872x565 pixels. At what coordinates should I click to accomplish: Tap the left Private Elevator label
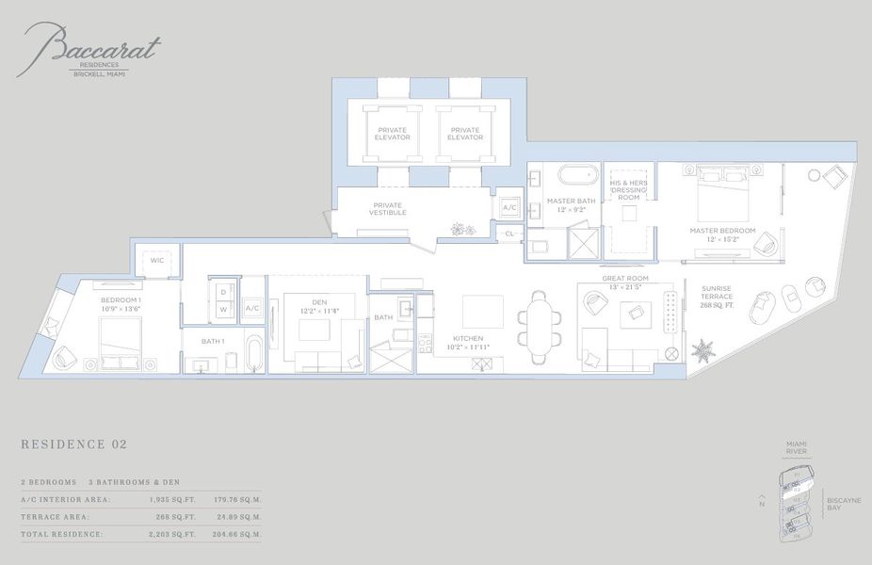pos(393,134)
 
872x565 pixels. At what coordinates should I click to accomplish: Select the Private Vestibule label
pos(389,209)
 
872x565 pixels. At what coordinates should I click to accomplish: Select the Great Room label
pos(624,278)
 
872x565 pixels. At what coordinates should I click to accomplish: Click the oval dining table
pos(538,327)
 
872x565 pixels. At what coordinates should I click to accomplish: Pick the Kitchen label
pos(468,338)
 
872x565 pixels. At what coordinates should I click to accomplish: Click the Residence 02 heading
pos(73,444)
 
